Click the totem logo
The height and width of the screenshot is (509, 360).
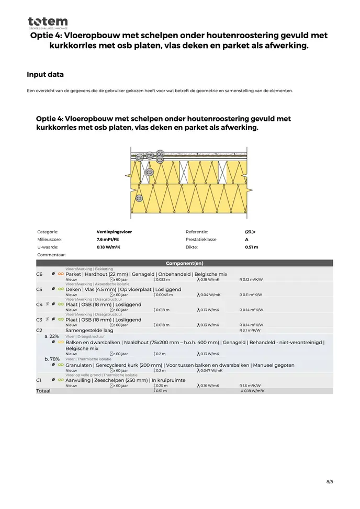(x=48, y=22)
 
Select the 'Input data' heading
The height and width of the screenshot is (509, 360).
(x=45, y=75)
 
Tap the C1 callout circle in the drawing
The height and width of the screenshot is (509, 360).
(x=139, y=198)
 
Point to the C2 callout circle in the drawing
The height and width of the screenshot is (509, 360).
(x=149, y=172)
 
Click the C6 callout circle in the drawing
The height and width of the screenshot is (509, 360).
(x=160, y=154)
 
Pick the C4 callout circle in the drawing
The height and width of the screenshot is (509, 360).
(x=139, y=157)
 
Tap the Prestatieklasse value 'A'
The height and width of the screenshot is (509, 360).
(x=246, y=239)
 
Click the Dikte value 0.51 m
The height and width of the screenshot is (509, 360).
(x=251, y=247)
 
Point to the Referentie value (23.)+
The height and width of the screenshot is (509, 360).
(x=250, y=231)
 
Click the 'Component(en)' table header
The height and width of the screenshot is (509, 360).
(x=184, y=263)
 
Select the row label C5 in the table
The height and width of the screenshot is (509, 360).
(x=39, y=289)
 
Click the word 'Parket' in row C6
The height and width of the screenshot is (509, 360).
(x=73, y=274)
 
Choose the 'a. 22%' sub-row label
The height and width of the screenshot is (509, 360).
(x=51, y=336)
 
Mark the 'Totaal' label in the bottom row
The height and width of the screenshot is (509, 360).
(x=43, y=391)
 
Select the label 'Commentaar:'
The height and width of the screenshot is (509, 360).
(x=51, y=255)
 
